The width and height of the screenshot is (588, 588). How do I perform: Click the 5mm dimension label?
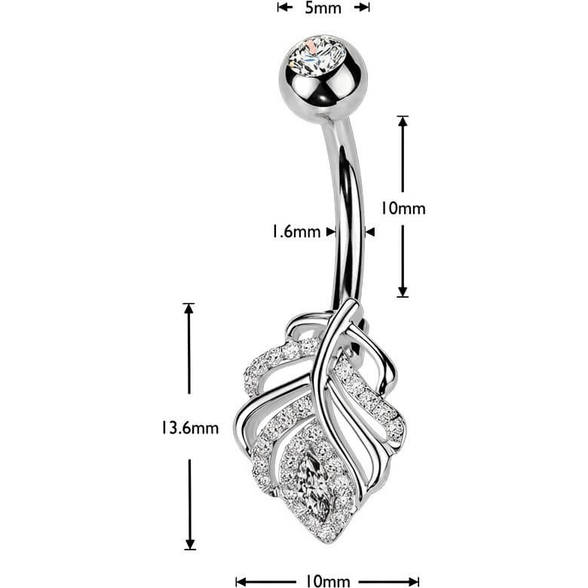point(323,8)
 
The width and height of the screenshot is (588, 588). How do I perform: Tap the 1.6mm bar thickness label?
point(296,231)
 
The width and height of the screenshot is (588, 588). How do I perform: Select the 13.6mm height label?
point(190,427)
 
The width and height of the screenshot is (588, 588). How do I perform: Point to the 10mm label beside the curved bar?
point(403,208)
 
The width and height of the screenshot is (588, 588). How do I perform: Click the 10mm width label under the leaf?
point(328,581)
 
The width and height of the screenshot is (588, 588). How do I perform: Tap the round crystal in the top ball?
point(317,56)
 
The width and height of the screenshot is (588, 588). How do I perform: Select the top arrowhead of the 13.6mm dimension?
point(188,308)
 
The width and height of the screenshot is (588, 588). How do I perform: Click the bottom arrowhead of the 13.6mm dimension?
point(190,544)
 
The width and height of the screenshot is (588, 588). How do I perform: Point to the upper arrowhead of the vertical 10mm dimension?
point(403,121)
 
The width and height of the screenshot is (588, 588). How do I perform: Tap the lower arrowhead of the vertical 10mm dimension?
point(403,292)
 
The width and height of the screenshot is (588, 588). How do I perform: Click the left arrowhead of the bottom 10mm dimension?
point(241,582)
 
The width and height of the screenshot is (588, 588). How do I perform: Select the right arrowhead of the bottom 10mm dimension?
point(413,582)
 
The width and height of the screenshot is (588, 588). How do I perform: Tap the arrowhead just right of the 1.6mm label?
point(330,231)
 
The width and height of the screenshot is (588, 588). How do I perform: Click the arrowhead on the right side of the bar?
point(370,232)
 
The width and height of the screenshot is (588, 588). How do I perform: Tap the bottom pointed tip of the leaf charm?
point(326,541)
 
